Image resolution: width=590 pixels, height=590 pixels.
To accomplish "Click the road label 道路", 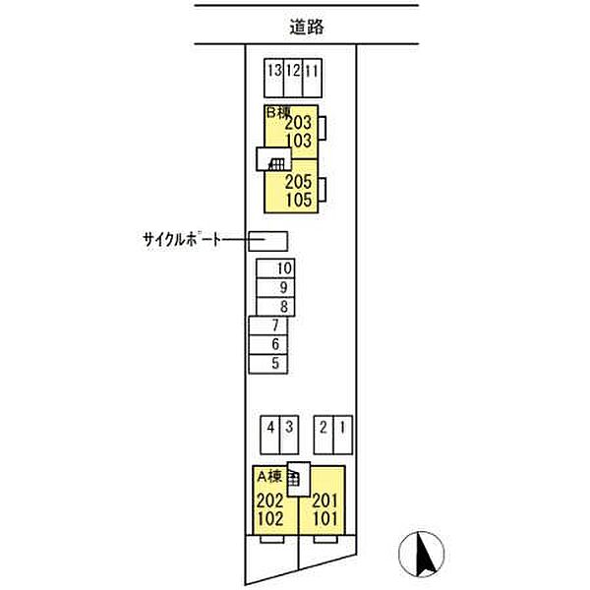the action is [x=306, y=28].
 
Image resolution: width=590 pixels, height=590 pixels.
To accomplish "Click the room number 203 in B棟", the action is [x=298, y=123].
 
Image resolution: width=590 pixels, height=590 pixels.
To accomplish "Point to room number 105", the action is [x=299, y=200].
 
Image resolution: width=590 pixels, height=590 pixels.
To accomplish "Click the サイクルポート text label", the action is [x=182, y=239].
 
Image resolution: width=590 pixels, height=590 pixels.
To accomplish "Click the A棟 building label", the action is [x=269, y=477].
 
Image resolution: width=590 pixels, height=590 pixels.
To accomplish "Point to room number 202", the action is [x=270, y=501].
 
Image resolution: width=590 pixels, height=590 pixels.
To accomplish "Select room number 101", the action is [x=325, y=519].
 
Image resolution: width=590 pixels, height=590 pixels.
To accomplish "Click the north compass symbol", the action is [x=422, y=554].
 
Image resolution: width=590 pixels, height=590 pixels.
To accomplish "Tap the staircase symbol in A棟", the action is [x=293, y=479].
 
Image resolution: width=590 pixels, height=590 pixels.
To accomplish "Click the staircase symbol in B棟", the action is [x=276, y=163].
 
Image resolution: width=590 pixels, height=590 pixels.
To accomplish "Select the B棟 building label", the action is [x=278, y=112].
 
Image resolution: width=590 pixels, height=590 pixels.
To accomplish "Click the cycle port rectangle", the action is [x=268, y=241].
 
